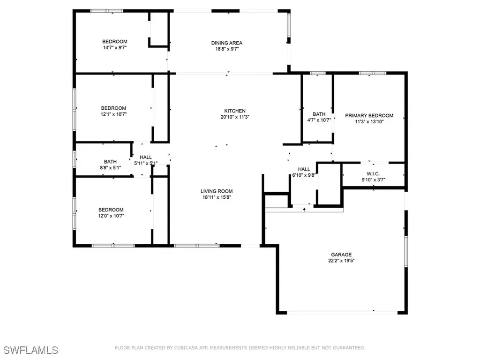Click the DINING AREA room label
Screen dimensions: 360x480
coord(226,43)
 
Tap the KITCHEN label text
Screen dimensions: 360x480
coord(235,111)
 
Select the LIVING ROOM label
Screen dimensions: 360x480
coord(217,191)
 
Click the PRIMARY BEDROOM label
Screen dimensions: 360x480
coord(369,115)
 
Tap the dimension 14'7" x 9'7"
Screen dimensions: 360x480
coord(115,47)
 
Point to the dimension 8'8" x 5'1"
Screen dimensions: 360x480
coord(111,167)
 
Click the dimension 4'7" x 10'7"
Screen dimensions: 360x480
coord(319,120)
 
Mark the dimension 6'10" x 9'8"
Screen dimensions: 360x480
coord(304,175)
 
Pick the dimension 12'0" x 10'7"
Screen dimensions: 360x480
coord(111,216)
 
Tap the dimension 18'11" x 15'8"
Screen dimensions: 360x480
coord(217,197)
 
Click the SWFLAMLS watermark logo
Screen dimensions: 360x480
coord(31,350)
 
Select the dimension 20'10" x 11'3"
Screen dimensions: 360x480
coord(235,117)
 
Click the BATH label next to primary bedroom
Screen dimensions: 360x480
coord(319,114)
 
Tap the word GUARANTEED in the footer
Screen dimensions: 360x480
coord(346,348)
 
